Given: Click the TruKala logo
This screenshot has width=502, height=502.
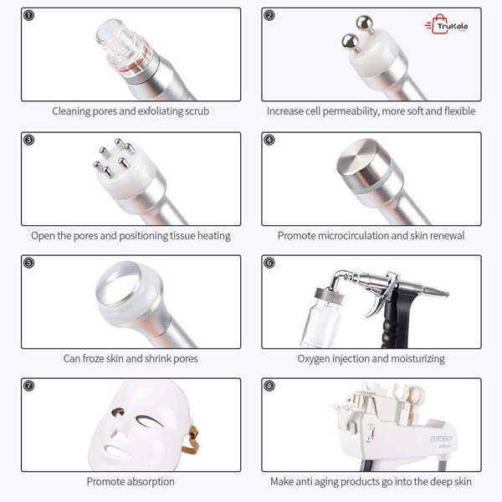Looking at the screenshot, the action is click(447, 24).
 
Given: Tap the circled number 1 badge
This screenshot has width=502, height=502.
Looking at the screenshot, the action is click(28, 15).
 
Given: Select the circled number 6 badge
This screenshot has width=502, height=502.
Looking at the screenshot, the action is click(269, 263).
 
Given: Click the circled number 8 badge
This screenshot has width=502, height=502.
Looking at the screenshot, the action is click(269, 386).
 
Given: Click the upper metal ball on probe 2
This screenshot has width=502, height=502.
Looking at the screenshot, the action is click(365, 23).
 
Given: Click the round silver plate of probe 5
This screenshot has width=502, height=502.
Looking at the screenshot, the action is click(119, 282).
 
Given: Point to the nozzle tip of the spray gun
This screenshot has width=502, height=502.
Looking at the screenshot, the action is click(447, 294).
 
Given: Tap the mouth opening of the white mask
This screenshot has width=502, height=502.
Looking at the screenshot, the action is click(116, 451).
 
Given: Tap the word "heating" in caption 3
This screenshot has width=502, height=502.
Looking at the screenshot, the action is click(214, 236).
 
